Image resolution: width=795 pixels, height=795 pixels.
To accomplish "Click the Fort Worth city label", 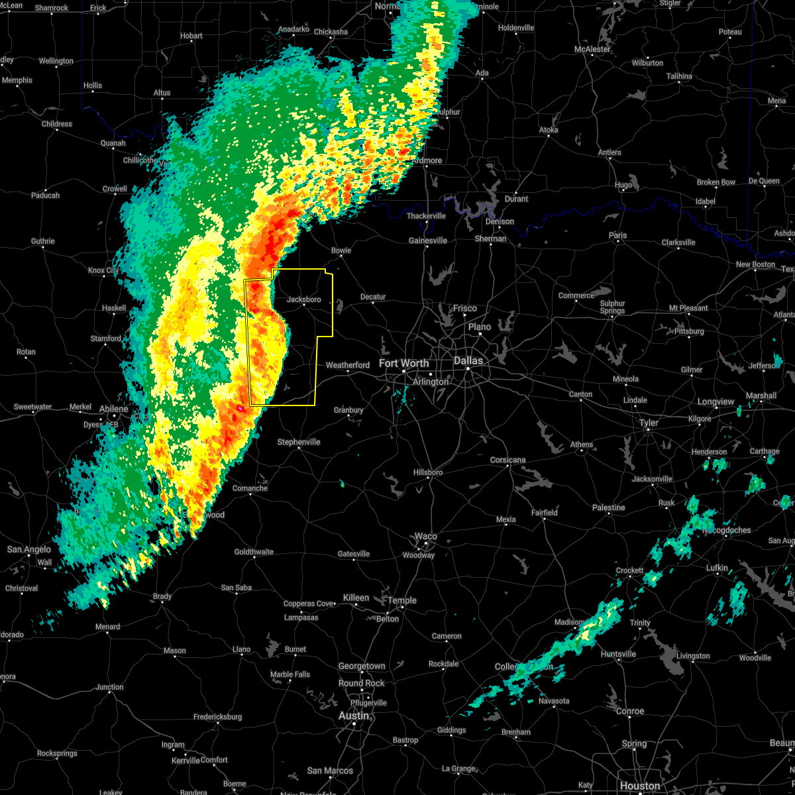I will click(403, 363).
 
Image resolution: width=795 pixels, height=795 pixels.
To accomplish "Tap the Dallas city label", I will click(468, 360).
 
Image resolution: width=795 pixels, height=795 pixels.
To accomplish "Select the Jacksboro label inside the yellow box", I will click(303, 299).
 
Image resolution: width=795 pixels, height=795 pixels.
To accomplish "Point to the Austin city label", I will click(353, 715).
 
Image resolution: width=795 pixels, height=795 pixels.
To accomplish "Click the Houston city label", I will click(640, 786).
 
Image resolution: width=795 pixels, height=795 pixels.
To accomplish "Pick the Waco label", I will click(426, 536).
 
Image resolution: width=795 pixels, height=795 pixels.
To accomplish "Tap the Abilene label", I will click(114, 409).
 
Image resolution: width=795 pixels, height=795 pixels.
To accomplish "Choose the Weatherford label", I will click(348, 365).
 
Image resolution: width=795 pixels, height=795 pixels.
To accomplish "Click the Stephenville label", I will click(299, 442).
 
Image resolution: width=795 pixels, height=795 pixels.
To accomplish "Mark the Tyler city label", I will click(649, 423).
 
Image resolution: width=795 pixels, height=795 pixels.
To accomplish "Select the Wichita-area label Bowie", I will click(341, 250).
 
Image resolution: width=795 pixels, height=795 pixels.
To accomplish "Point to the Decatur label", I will click(373, 297).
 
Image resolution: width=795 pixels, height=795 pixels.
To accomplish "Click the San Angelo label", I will click(29, 549).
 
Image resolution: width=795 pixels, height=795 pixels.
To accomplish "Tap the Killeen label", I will click(356, 598).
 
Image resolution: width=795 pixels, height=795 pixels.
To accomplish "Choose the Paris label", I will click(617, 235).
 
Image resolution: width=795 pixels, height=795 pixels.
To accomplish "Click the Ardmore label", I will click(427, 160).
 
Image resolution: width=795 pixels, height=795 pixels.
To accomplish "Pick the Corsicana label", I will click(508, 460).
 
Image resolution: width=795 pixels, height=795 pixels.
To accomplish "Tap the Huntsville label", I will click(618, 654).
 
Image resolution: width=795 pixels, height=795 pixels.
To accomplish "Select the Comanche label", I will click(250, 488).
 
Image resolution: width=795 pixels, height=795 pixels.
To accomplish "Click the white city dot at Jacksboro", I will click(304, 305).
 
